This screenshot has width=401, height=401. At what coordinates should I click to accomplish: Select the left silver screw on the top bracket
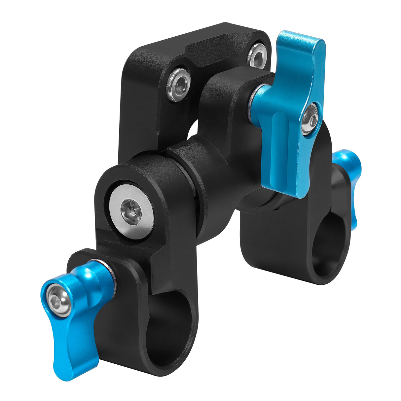179,84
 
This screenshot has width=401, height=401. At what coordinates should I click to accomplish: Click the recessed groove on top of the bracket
221,50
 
